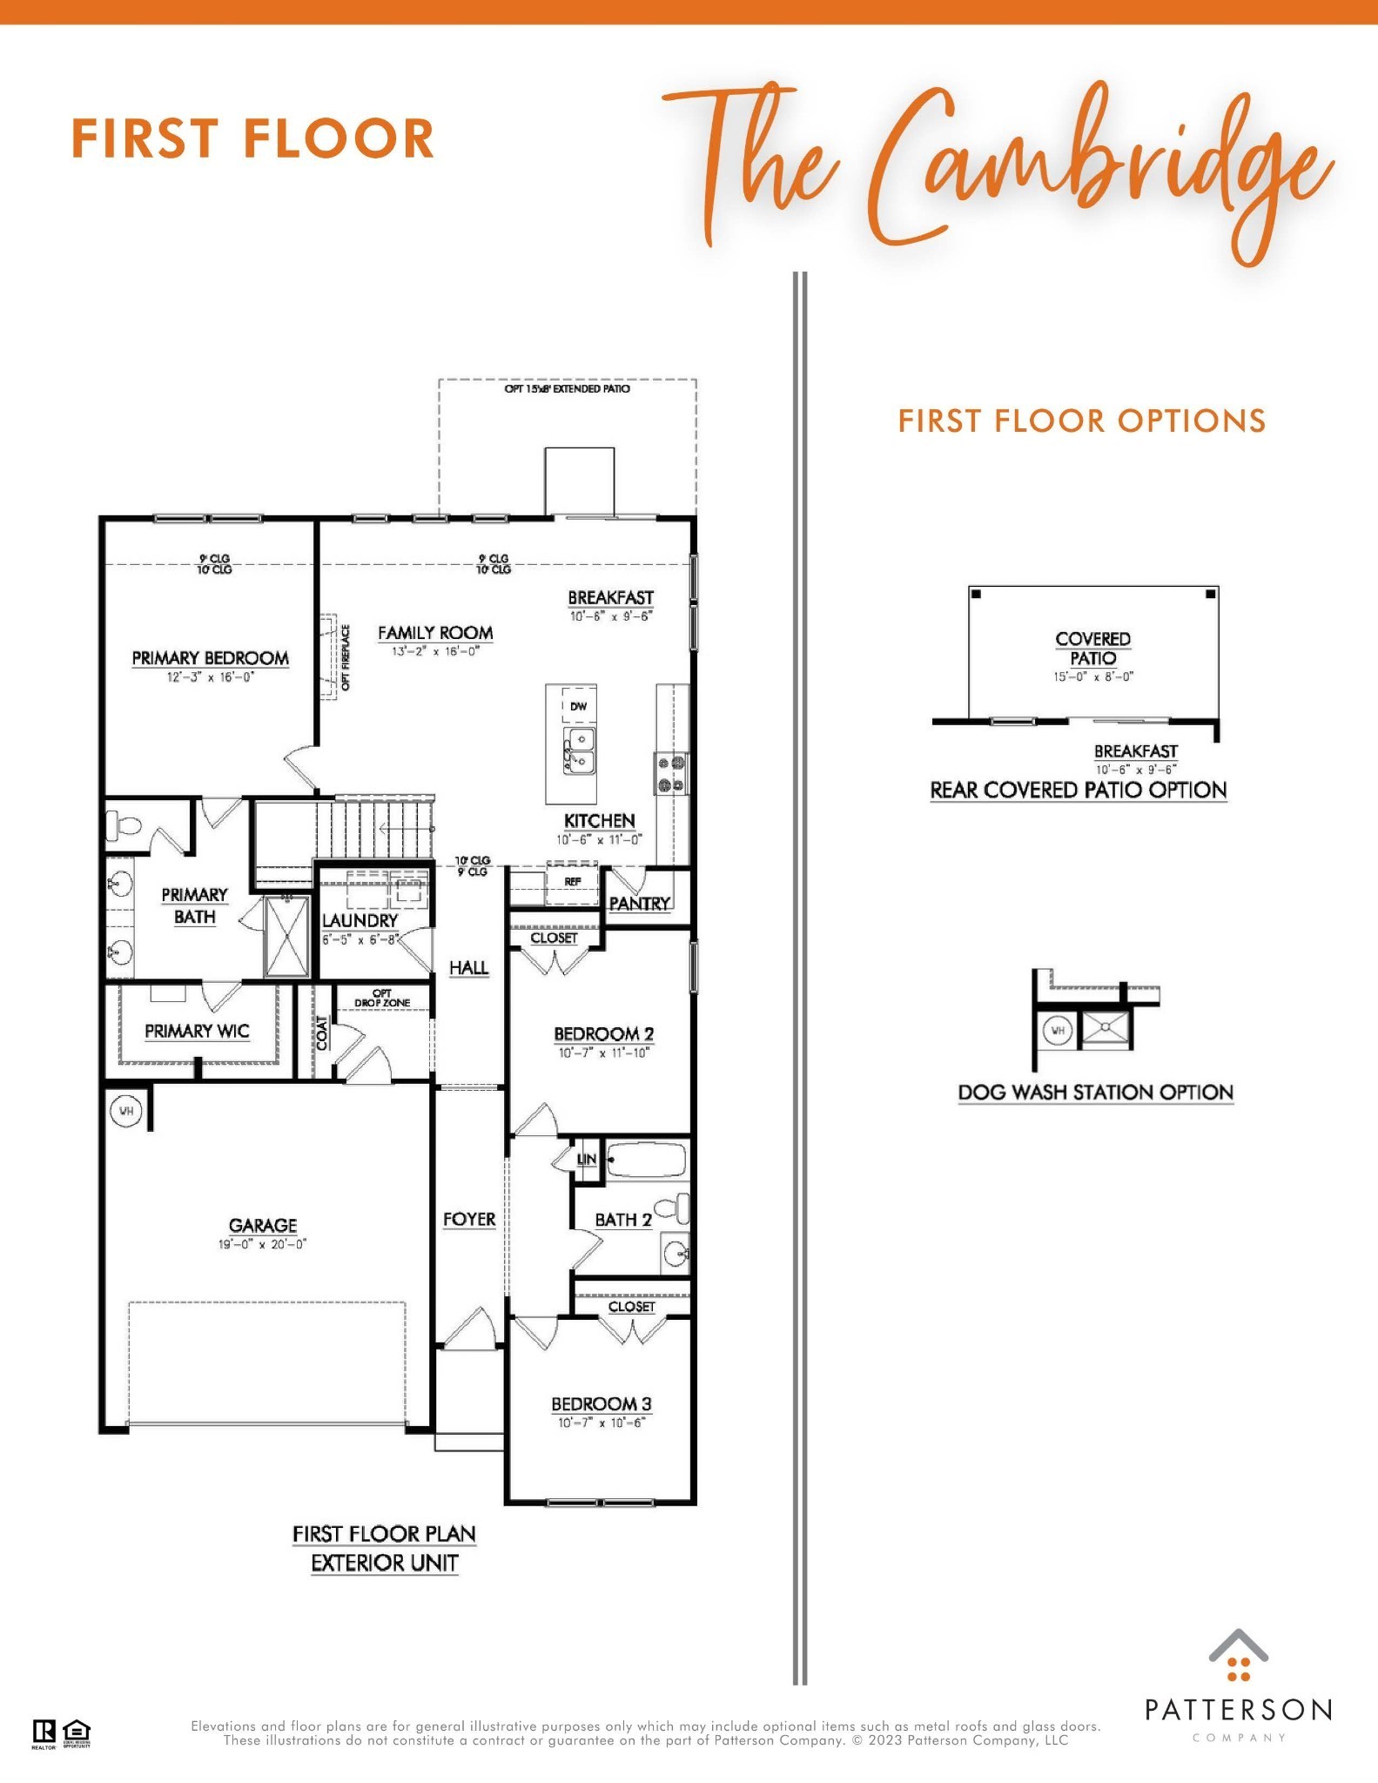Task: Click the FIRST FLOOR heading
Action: click(x=252, y=139)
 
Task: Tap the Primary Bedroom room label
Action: click(x=210, y=658)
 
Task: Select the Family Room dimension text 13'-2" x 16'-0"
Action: click(x=435, y=651)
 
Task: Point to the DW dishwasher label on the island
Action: click(x=579, y=706)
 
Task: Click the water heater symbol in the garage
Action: click(x=126, y=1112)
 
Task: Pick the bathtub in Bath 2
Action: click(x=647, y=1161)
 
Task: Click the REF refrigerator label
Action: click(x=572, y=882)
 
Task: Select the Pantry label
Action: click(x=640, y=904)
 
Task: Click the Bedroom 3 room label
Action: click(x=601, y=1403)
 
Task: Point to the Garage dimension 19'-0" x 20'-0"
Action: click(x=262, y=1244)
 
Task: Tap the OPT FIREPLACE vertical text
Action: click(x=346, y=657)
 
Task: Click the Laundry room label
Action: click(x=360, y=920)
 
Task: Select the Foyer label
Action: click(x=469, y=1220)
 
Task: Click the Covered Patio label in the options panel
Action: click(x=1092, y=649)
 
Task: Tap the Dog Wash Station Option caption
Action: click(x=1095, y=1093)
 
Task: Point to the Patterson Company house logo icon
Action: click(x=1238, y=1656)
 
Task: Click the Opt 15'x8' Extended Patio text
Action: click(x=567, y=388)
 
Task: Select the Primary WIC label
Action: click(x=197, y=1031)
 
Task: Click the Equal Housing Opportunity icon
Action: click(x=77, y=1732)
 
